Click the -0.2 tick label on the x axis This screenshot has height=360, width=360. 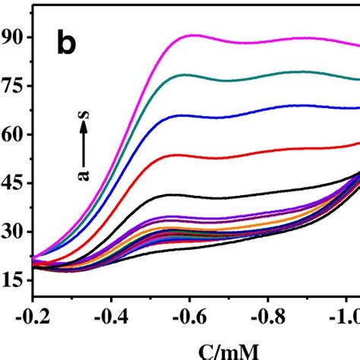click(x=32, y=314)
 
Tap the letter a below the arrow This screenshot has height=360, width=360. click(x=84, y=176)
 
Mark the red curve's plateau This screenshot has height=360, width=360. click(x=182, y=155)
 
